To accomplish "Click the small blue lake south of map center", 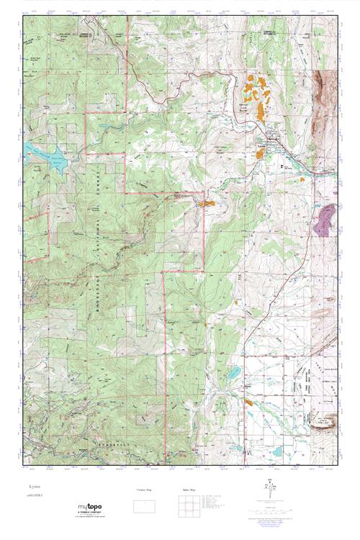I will tap(235, 373).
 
